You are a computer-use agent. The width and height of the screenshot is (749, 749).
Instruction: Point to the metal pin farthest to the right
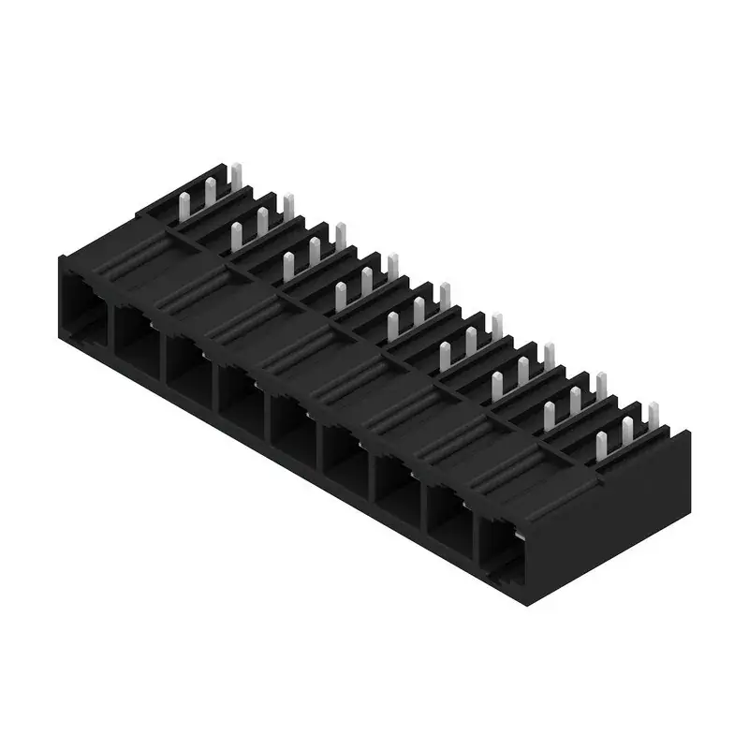point(654,418)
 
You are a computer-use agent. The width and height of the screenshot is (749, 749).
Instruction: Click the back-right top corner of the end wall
point(690,432)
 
